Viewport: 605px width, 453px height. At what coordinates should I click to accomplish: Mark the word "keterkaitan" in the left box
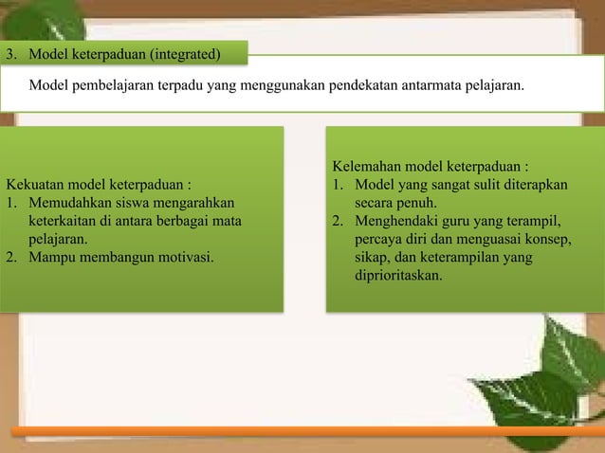click(x=65, y=221)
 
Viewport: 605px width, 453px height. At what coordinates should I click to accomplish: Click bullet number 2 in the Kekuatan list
click(x=11, y=256)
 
